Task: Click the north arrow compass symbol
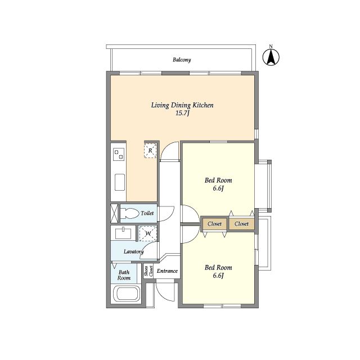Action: click(x=271, y=57)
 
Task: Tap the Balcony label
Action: click(x=182, y=60)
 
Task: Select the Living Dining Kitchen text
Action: click(x=182, y=105)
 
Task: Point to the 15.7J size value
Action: click(x=182, y=113)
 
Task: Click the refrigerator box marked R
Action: click(x=150, y=151)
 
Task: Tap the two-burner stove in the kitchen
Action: click(x=119, y=154)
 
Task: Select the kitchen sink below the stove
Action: click(x=120, y=182)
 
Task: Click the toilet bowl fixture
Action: click(x=130, y=213)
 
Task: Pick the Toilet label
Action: click(x=147, y=213)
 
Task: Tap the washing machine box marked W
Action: click(x=148, y=233)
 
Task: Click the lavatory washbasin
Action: click(x=123, y=233)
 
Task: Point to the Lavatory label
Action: click(x=134, y=252)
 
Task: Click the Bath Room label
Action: click(x=124, y=275)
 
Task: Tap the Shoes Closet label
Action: click(x=148, y=271)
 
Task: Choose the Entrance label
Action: click(x=167, y=271)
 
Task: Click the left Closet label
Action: click(x=214, y=224)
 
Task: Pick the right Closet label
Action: click(x=241, y=224)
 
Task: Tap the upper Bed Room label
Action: click(x=218, y=180)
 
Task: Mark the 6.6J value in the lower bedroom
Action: click(x=218, y=276)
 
